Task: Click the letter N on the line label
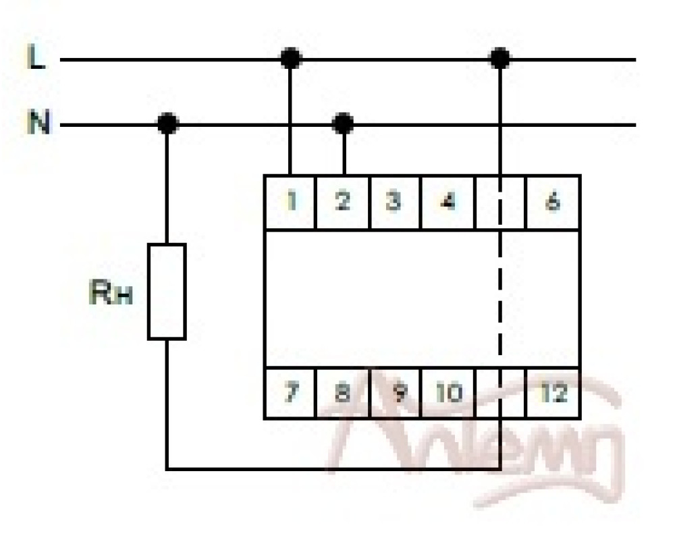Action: click(x=38, y=124)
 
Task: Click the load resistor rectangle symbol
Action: click(x=167, y=292)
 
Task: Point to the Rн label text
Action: click(x=110, y=295)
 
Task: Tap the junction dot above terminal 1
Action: click(x=291, y=59)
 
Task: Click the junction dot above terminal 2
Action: click(x=344, y=124)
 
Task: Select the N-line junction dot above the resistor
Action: click(x=167, y=124)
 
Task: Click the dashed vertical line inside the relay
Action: click(x=500, y=297)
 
